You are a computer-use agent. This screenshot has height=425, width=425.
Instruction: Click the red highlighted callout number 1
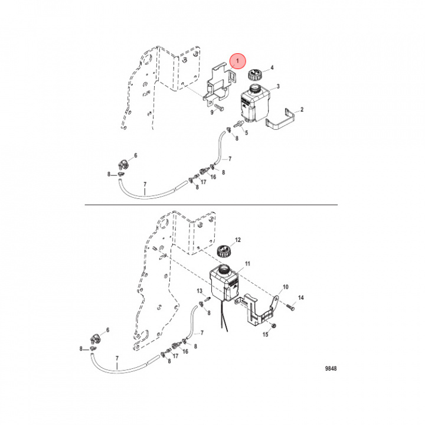pyautogui.click(x=237, y=61)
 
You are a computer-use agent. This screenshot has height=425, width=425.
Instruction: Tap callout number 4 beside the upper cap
pyautogui.click(x=272, y=67)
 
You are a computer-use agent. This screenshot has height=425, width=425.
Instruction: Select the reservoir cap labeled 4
pyautogui.click(x=255, y=74)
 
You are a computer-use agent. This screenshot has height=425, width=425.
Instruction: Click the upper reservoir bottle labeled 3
pyautogui.click(x=255, y=103)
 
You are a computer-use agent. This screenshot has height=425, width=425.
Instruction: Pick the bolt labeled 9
pyautogui.click(x=218, y=107)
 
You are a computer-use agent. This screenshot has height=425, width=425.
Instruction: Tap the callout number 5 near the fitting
pyautogui.click(x=246, y=133)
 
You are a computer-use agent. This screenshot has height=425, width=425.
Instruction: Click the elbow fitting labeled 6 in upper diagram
pyautogui.click(x=123, y=164)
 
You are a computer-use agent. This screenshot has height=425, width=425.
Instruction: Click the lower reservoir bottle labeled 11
pyautogui.click(x=224, y=283)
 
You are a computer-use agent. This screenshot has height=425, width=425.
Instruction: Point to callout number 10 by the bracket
pyautogui.click(x=286, y=287)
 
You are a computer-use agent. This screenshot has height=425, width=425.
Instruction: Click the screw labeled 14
pyautogui.click(x=290, y=306)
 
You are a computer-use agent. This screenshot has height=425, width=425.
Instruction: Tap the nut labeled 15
pyautogui.click(x=273, y=325)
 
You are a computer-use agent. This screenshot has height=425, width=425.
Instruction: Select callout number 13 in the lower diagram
pyautogui.click(x=200, y=291)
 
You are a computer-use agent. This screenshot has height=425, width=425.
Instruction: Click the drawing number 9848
pyautogui.click(x=331, y=368)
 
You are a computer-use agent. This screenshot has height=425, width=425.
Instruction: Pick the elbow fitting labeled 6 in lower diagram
pyautogui.click(x=95, y=339)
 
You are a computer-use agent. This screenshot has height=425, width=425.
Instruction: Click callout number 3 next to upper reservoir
pyautogui.click(x=278, y=86)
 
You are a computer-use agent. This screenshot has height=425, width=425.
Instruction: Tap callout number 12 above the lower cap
pyautogui.click(x=238, y=240)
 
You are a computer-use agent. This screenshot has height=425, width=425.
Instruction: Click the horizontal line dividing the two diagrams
pyautogui.click(x=211, y=205)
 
